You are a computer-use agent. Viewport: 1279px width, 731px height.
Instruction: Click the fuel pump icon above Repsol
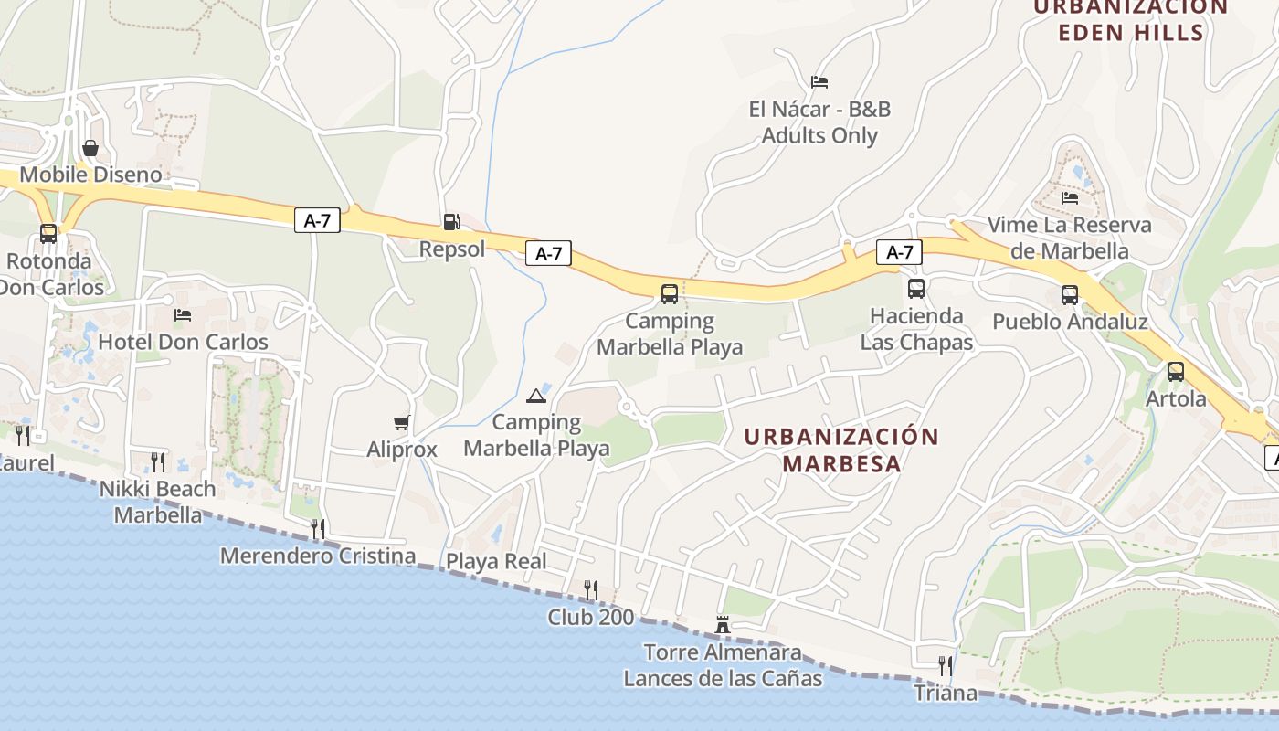[x=451, y=221]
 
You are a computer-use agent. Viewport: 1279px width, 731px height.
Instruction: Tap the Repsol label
[x=452, y=249]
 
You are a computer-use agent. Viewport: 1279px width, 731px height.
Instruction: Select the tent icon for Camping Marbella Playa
[x=536, y=396]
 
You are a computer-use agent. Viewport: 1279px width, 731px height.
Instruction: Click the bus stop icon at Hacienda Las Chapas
[x=916, y=289]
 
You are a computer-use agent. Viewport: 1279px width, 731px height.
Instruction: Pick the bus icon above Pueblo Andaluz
[x=1070, y=295]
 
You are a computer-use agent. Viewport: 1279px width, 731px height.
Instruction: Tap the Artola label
[x=1176, y=399]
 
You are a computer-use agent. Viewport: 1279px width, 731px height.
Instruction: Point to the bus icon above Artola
[x=1176, y=372]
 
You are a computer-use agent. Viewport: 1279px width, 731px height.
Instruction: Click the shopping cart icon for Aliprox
[x=401, y=422]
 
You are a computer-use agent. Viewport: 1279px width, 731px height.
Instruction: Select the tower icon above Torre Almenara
[x=723, y=625]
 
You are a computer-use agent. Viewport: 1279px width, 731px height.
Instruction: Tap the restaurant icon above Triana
[x=946, y=665]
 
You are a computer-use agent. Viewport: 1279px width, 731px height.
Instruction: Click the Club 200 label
[x=590, y=617]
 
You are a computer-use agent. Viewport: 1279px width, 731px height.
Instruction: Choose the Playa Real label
[x=496, y=561]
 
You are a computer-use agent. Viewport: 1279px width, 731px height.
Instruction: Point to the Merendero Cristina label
[x=318, y=556]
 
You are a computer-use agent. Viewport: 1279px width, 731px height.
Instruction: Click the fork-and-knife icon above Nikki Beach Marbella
[x=158, y=461]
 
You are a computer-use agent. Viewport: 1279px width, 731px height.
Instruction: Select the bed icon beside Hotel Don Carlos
[x=183, y=315]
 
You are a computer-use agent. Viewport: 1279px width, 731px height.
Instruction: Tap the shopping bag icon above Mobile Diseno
[x=90, y=148]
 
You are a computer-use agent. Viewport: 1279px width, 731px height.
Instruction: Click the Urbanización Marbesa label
[x=841, y=450]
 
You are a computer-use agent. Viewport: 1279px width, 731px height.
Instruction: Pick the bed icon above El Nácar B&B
[x=819, y=82]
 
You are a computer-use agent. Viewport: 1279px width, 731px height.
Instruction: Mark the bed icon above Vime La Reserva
[x=1070, y=197]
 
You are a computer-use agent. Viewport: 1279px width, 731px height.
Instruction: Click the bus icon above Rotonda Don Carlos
[x=48, y=234]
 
